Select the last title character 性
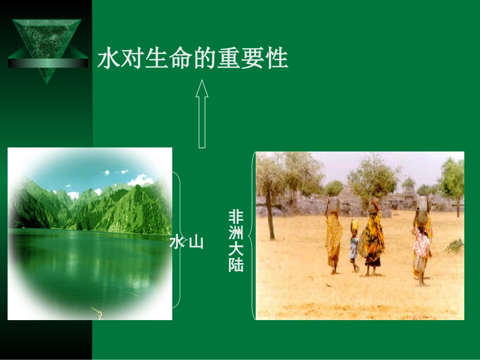(x=277, y=59)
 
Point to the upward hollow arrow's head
(x=202, y=88)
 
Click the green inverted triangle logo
(x=46, y=45)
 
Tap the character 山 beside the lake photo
(x=196, y=243)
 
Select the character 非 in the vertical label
(x=236, y=218)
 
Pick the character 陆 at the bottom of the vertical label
(x=236, y=265)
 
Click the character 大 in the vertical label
(x=236, y=249)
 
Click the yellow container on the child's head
(x=355, y=224)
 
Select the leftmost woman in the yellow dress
(x=333, y=237)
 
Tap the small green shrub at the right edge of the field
(x=456, y=246)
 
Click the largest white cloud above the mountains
(x=140, y=180)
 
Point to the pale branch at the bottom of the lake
(x=97, y=312)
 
